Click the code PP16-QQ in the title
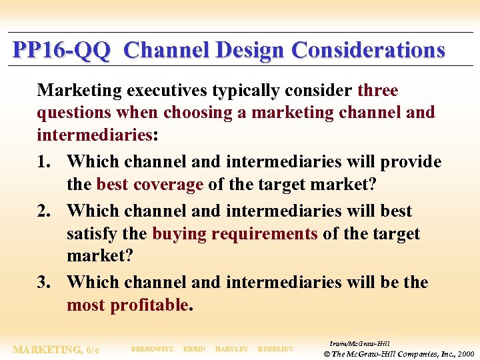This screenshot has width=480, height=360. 61,51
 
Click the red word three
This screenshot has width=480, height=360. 377,90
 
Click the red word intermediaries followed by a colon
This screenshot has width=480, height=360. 95,135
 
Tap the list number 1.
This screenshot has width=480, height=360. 44,162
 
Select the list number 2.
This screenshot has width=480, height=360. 44,211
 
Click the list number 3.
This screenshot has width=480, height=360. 44,283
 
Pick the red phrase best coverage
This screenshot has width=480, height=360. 149,185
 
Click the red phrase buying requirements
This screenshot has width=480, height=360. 235,234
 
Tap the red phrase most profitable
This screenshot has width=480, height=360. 128,305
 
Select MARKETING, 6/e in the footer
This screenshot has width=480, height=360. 57,349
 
